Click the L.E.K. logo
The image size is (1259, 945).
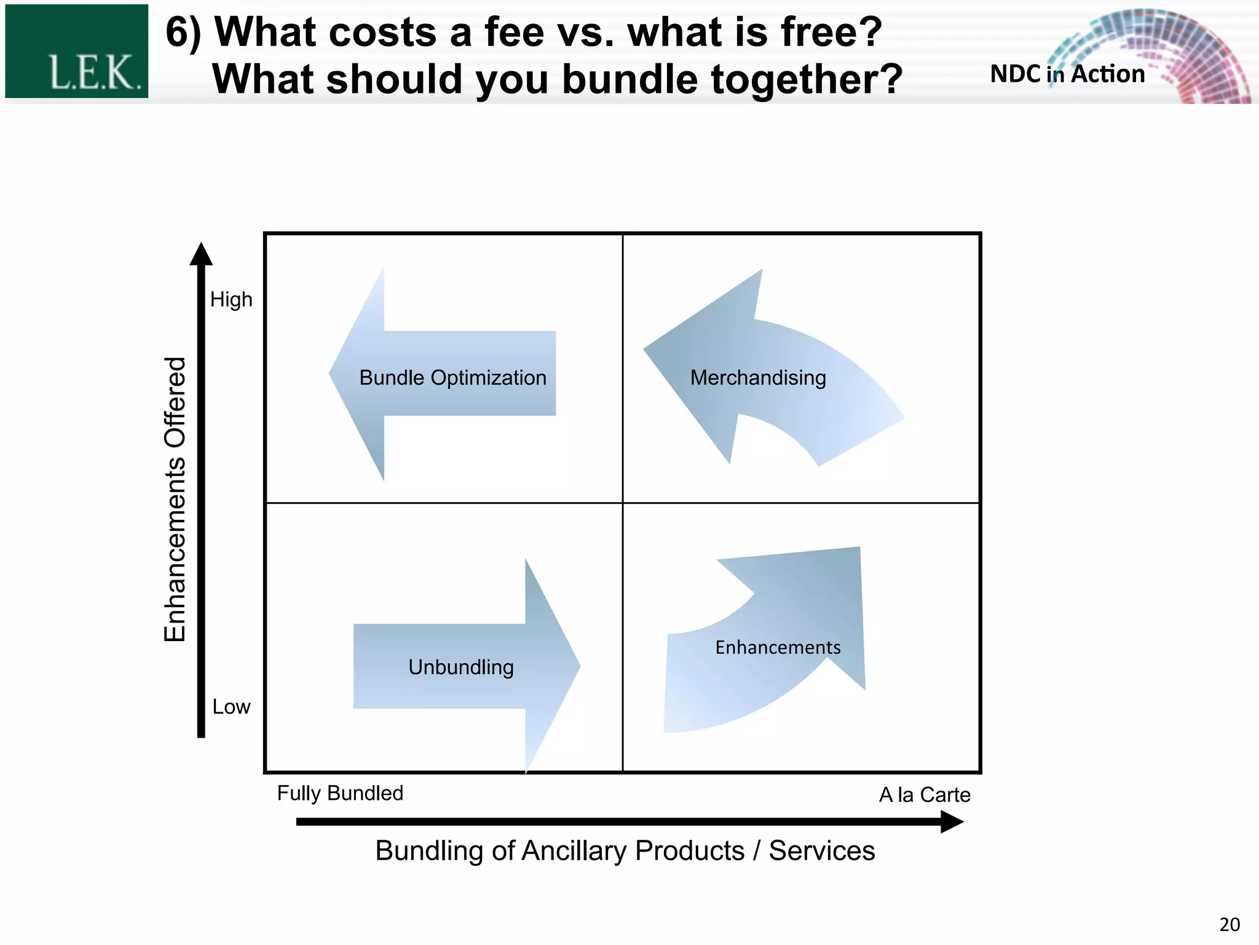[x=77, y=52]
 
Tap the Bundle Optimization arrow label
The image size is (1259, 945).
[x=452, y=378]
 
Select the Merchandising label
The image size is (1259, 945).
[x=758, y=378]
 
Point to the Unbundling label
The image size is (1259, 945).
[x=461, y=667]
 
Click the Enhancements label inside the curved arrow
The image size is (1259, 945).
[x=778, y=647]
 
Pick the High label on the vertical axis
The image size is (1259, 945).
[x=231, y=300]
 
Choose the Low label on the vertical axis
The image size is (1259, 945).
[x=231, y=707]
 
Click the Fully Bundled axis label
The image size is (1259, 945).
[x=340, y=793]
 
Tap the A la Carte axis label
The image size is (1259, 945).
[x=925, y=795]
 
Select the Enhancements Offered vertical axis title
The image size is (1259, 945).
[x=175, y=499]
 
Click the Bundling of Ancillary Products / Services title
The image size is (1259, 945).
[x=625, y=851]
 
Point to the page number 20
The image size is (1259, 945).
[x=1229, y=925]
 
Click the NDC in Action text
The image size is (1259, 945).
[x=1067, y=74]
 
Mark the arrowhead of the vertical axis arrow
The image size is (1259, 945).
[x=201, y=254]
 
